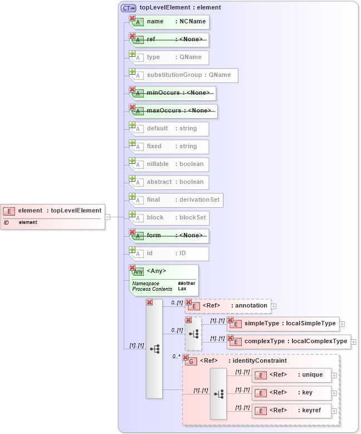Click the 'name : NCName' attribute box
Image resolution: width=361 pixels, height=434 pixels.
(169, 22)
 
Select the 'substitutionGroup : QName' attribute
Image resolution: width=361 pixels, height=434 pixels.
(184, 75)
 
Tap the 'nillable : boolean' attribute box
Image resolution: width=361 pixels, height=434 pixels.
(169, 164)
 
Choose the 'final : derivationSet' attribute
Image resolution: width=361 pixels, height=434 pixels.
(177, 200)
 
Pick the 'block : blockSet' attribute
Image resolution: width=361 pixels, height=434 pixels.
(169, 218)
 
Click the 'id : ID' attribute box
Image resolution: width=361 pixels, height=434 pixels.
(169, 253)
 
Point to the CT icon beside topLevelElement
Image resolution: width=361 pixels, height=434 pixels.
(129, 8)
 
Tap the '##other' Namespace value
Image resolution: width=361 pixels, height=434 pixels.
(187, 284)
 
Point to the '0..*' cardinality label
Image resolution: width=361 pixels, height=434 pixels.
(176, 356)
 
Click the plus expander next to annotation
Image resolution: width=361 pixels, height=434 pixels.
(274, 306)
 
